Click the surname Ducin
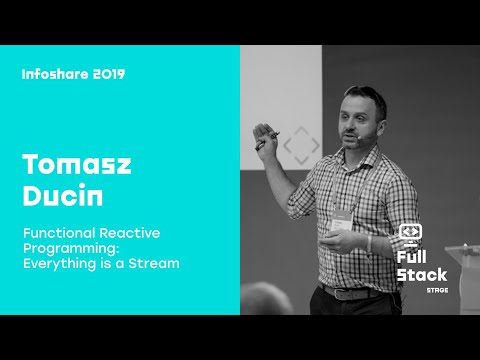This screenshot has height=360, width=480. [x=56, y=195]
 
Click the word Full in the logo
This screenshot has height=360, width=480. [x=413, y=255]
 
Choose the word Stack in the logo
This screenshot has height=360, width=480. [x=420, y=273]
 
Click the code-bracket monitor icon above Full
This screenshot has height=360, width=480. [x=410, y=233]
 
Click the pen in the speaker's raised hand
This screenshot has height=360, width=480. [x=262, y=142]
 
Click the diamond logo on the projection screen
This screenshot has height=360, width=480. [x=300, y=146]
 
